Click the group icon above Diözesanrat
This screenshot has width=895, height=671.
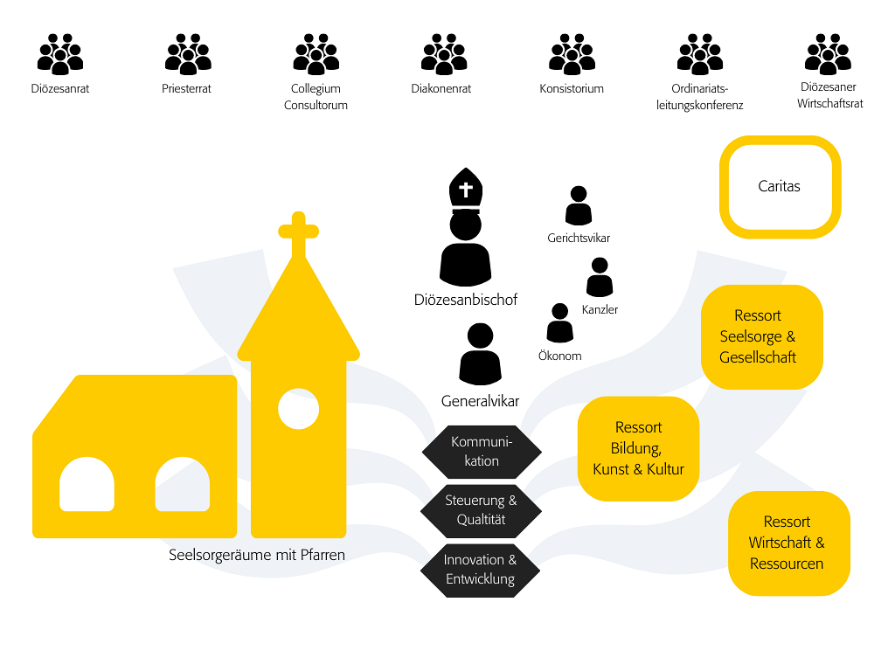tap(60, 54)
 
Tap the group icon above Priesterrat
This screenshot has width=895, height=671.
tap(188, 54)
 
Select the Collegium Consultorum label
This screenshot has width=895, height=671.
tap(316, 97)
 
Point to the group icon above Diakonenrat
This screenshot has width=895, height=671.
tap(444, 54)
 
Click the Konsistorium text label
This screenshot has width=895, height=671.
tap(572, 88)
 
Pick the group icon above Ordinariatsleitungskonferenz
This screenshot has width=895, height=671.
tap(700, 54)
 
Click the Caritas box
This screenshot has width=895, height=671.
tap(780, 187)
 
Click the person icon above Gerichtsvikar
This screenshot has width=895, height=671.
tap(578, 206)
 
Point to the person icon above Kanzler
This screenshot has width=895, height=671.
tap(600, 278)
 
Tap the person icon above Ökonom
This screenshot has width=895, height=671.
tap(559, 323)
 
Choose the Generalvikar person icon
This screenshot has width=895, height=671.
tap(480, 355)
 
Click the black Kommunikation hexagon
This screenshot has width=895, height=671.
tap(482, 452)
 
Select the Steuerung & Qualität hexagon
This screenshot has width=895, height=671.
tap(482, 510)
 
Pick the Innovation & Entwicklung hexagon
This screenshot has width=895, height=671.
tap(481, 570)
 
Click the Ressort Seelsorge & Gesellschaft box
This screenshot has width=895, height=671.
tap(762, 336)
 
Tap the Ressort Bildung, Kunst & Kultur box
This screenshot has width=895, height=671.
tap(638, 448)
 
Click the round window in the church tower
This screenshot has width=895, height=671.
tap(298, 408)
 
